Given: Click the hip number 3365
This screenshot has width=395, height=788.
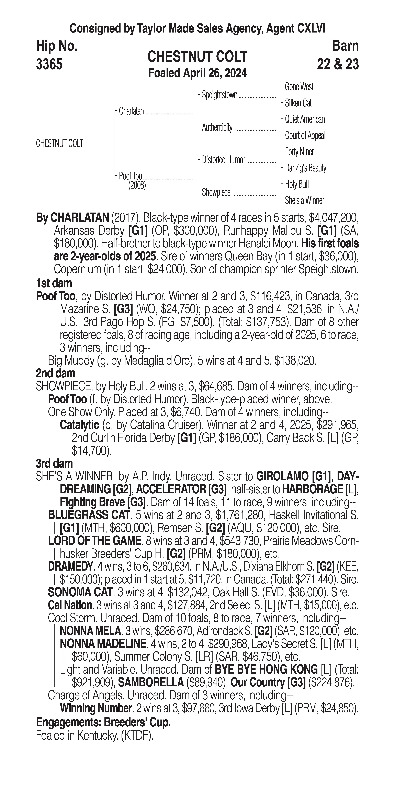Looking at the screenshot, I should coord(49,64).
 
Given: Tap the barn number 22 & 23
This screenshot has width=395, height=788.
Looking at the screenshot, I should coord(338,64).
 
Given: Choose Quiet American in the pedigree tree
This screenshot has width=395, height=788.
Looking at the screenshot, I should coord(305,119).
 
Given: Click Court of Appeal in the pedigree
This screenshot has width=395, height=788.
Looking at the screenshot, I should coord(305,136).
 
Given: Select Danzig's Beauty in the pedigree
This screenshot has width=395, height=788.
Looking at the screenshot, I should coord(305,168).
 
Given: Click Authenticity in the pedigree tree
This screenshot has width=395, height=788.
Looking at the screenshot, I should coord(217,127).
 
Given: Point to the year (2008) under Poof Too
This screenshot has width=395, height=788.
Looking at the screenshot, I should coord(137,185).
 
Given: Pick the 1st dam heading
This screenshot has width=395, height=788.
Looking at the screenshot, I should coord(54,283).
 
